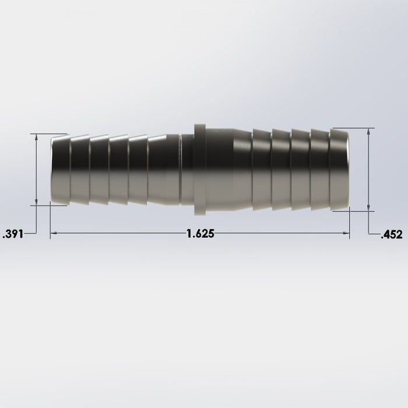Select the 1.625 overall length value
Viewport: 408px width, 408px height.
coord(201,234)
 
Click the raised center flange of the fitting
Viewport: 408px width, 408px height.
coord(199,169)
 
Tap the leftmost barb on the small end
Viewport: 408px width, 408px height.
coord(60,169)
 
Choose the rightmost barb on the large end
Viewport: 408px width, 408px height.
coord(339,169)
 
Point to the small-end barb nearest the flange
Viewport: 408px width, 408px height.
coord(163,169)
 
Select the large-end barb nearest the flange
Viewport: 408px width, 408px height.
coord(261,169)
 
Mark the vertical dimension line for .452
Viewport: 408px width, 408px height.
coord(368,169)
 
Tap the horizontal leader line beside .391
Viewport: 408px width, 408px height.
coord(30,233)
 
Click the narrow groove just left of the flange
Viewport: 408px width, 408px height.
coord(187,169)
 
